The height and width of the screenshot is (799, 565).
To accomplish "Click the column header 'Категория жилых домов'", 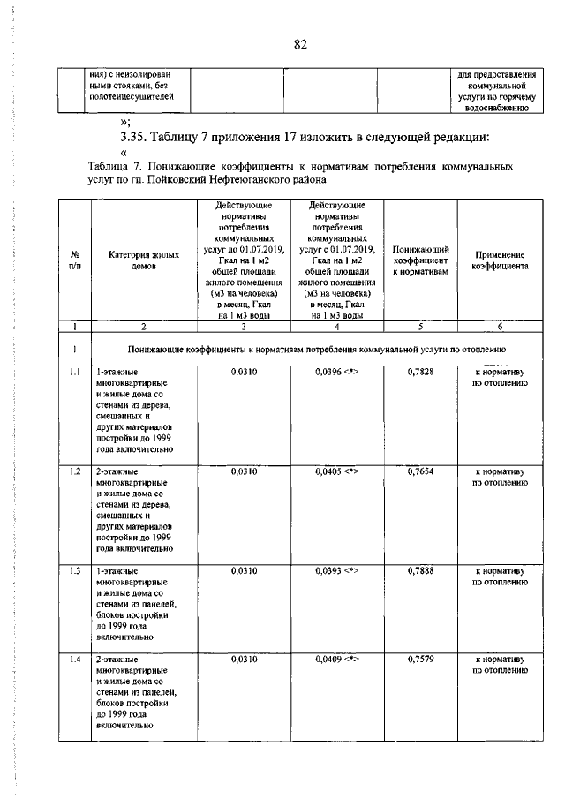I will point(137,259).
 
